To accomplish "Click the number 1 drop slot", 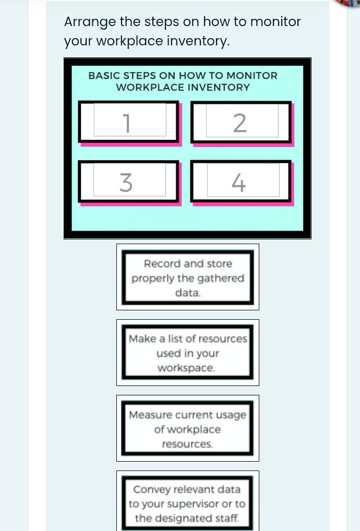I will pos(130,120).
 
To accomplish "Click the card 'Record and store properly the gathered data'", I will pos(188,277).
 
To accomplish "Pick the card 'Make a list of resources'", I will pos(188,353).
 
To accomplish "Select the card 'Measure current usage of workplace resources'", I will pos(188,429).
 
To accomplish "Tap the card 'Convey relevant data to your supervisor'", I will pos(188,502).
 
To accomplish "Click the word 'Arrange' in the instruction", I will pos(90,22).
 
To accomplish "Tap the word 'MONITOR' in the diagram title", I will pos(252,76).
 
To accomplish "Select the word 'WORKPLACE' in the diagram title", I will pos(150,88).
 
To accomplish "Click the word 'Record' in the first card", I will pos(162,263).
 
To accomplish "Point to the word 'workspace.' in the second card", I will pos(186,368).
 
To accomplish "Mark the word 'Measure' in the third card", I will pos(149,415).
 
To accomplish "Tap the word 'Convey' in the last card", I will pos(151,489).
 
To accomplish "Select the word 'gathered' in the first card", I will pos(224,278).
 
